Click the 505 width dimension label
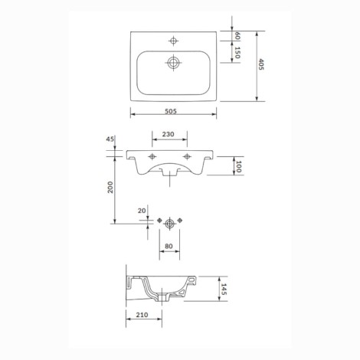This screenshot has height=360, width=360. click(x=171, y=111)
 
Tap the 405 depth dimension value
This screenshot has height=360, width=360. click(x=261, y=64)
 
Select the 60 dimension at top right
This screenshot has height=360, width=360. click(x=237, y=36)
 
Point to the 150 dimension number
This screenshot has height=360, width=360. click(x=237, y=53)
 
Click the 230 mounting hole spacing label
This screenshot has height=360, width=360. click(x=169, y=134)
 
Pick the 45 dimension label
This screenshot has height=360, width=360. click(x=110, y=139)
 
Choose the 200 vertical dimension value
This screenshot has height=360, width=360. click(x=110, y=187)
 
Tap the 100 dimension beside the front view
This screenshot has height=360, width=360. click(x=238, y=166)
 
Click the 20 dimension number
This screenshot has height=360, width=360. click(x=142, y=211)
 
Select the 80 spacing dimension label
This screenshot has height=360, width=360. click(x=169, y=246)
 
